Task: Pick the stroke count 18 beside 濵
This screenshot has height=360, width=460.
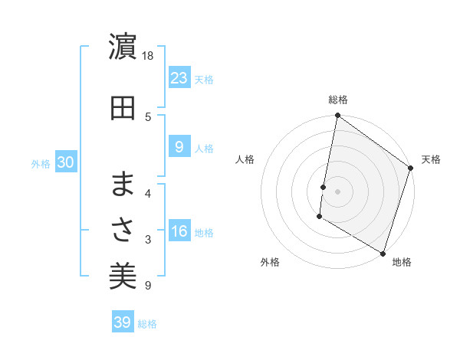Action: pyautogui.click(x=148, y=56)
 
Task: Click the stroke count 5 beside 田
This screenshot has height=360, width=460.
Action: pyautogui.click(x=148, y=116)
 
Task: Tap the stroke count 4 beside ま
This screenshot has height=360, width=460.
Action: pyautogui.click(x=148, y=193)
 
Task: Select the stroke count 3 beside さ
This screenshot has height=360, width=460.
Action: pyautogui.click(x=148, y=240)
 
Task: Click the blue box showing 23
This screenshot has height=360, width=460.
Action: pyautogui.click(x=179, y=77)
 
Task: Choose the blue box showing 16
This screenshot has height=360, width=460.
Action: pyautogui.click(x=179, y=231)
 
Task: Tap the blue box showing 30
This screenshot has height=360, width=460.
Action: pyautogui.click(x=65, y=162)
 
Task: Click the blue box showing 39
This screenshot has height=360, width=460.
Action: pyautogui.click(x=122, y=322)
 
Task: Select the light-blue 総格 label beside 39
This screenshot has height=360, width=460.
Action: pyautogui.click(x=147, y=324)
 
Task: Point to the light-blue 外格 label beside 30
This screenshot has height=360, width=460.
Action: pyautogui.click(x=41, y=163)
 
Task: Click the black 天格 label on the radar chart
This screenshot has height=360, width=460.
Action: pyautogui.click(x=431, y=159)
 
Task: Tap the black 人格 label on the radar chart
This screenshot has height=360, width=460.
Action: pyautogui.click(x=245, y=159)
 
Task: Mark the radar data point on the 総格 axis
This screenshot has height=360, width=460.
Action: pyautogui.click(x=337, y=116)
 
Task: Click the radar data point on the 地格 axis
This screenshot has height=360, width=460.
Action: pyautogui.click(x=382, y=253)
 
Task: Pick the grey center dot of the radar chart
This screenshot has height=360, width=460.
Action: pyautogui.click(x=337, y=191)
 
